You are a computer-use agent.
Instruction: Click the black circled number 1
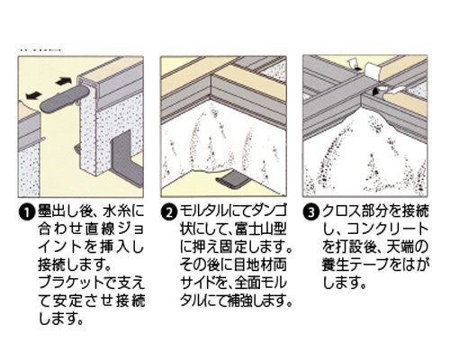click(x=26, y=212)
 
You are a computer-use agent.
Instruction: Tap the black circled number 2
click(x=168, y=212)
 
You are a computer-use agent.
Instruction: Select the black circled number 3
click(x=310, y=212)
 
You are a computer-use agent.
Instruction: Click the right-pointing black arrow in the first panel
click(x=64, y=81)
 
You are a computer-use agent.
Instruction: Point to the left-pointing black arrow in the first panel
click(x=34, y=95)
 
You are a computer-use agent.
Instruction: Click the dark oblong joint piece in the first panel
click(x=64, y=100)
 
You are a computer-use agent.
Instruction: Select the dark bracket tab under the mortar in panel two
click(x=233, y=181)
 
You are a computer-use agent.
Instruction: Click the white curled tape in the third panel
click(x=372, y=70)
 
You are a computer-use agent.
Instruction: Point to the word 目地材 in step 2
click(x=260, y=265)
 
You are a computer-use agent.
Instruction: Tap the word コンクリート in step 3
click(x=387, y=229)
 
